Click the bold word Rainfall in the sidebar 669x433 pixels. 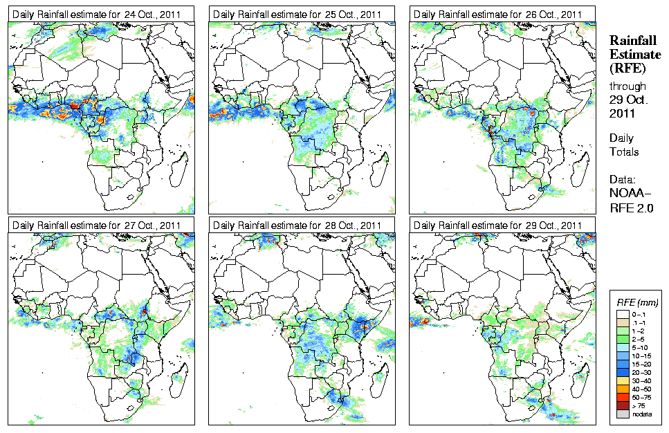632,41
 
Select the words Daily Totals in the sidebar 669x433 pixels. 624,145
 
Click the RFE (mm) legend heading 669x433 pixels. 637,303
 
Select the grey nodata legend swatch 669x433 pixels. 621,413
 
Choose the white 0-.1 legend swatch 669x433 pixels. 621,313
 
